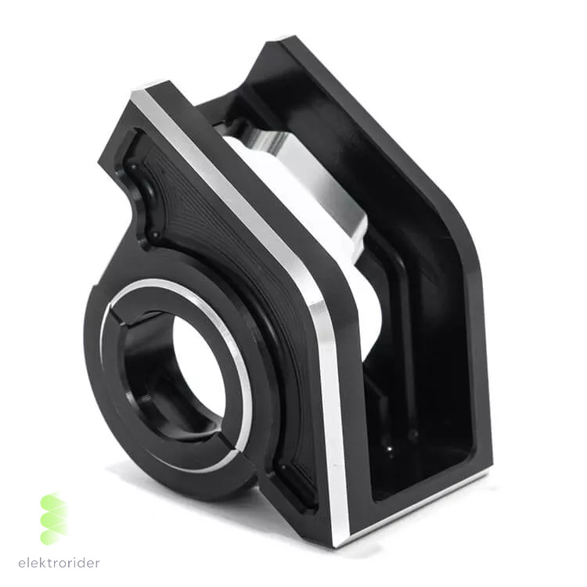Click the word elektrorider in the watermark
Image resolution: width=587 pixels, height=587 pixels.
click(x=59, y=563)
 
